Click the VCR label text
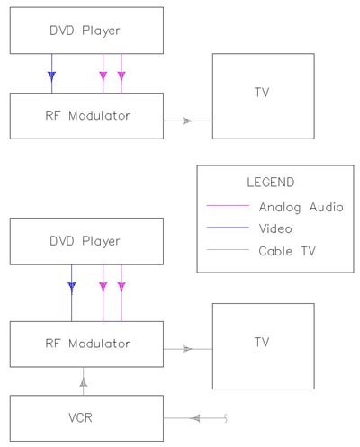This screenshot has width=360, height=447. tap(80, 417)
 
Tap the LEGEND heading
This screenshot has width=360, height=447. tap(271, 183)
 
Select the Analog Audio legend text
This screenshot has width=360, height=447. tap(301, 208)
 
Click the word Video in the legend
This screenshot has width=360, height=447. tap(275, 228)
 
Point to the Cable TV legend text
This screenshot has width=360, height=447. tap(287, 251)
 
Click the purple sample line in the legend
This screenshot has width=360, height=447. tap(228, 206)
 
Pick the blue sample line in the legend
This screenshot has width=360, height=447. tap(228, 228)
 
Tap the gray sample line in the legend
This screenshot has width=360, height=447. tap(228, 249)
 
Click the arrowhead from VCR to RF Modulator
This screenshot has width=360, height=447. tap(84, 382)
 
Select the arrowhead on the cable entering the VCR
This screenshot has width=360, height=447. tap(195, 418)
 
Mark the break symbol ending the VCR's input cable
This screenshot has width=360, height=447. tap(226, 418)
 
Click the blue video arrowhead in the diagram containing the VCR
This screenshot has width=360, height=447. tap(72, 287)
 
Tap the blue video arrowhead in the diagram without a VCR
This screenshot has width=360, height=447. tap(52, 76)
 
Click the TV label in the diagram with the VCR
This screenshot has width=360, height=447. tap(262, 342)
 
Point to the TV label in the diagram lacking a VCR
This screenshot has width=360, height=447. tap(262, 93)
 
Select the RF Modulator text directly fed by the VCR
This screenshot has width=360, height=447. tap(87, 344)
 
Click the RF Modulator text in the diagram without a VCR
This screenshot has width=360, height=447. tap(87, 116)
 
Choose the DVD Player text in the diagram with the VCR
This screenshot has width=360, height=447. tap(85, 242)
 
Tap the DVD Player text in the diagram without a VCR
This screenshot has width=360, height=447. tap(85, 31)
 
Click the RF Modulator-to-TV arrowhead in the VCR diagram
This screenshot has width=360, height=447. tap(187, 349)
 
